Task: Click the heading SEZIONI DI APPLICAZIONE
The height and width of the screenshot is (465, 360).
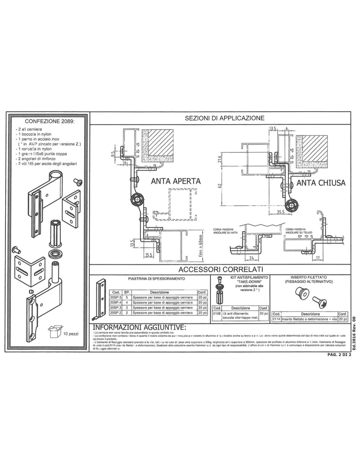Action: [x=225, y=118]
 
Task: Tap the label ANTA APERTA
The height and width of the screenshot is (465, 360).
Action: [x=176, y=181]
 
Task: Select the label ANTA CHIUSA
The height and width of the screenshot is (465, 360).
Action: [x=321, y=183]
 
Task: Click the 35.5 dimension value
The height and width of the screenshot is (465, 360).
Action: [x=280, y=212]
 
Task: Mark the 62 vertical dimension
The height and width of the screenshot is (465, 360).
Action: [x=220, y=185]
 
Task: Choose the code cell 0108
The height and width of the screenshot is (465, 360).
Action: [x=217, y=313]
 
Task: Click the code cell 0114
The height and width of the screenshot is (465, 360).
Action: [x=276, y=319]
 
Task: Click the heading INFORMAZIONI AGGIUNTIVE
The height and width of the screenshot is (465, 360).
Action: [x=139, y=328]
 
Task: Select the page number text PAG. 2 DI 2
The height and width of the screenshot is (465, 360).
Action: [x=339, y=356]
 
